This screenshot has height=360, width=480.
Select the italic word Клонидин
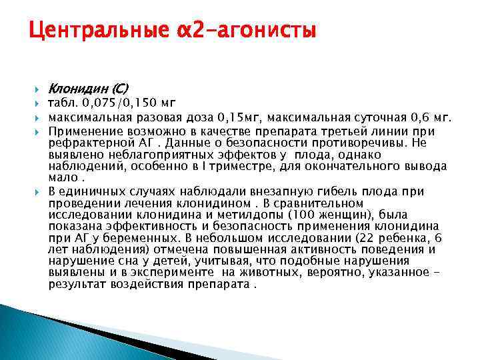(x=77, y=88)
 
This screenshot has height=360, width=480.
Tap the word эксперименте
(x=149, y=273)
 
